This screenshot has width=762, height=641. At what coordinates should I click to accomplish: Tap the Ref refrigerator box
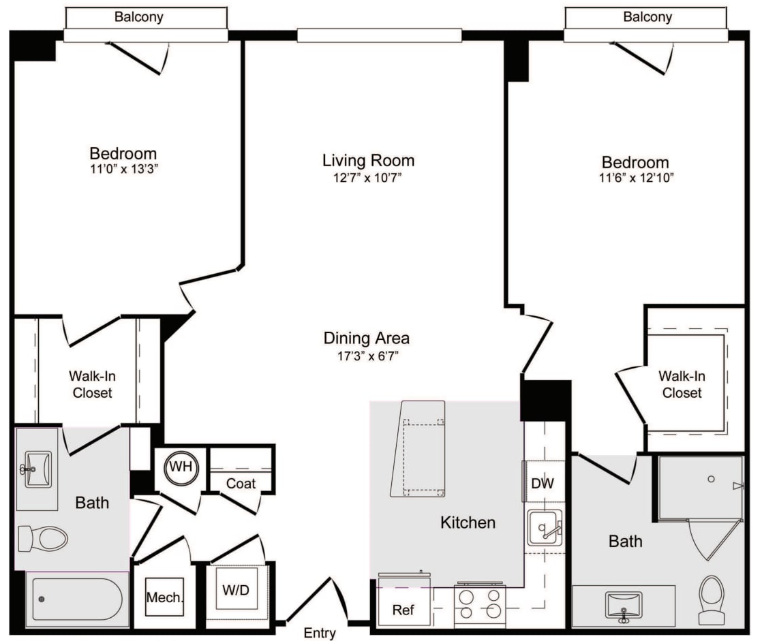point(403,610)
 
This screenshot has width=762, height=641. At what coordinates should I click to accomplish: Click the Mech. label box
point(164,598)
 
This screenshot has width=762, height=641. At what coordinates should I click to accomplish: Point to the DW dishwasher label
point(543,484)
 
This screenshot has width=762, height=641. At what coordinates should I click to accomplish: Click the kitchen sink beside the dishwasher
point(545,528)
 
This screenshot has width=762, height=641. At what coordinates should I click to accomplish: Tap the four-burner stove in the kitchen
point(480,604)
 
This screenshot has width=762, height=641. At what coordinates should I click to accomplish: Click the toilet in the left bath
point(44,539)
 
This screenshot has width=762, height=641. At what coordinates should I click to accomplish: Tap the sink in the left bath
point(37,469)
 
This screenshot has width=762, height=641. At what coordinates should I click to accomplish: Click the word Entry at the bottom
point(319,634)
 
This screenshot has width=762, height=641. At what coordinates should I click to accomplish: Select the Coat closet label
point(241,483)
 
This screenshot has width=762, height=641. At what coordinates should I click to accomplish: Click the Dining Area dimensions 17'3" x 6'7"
point(367,355)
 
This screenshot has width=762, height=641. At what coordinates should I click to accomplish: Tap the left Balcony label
point(138,17)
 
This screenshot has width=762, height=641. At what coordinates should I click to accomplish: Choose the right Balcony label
point(647,17)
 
